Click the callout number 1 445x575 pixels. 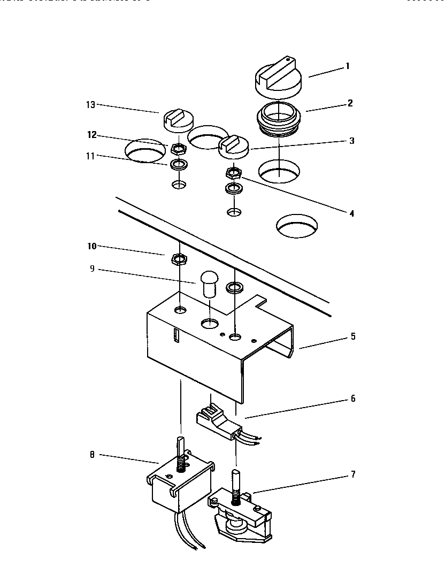point(347,66)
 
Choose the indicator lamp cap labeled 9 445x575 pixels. point(209,285)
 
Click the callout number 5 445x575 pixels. point(352,337)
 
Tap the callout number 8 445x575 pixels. point(91,455)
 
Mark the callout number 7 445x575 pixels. point(352,474)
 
